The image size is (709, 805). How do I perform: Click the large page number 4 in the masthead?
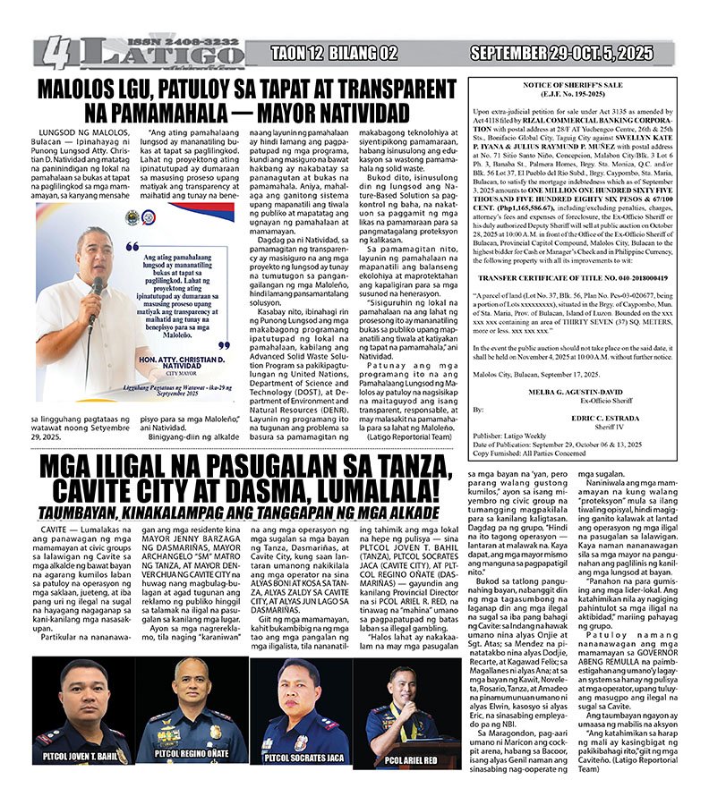pos(56,54)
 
